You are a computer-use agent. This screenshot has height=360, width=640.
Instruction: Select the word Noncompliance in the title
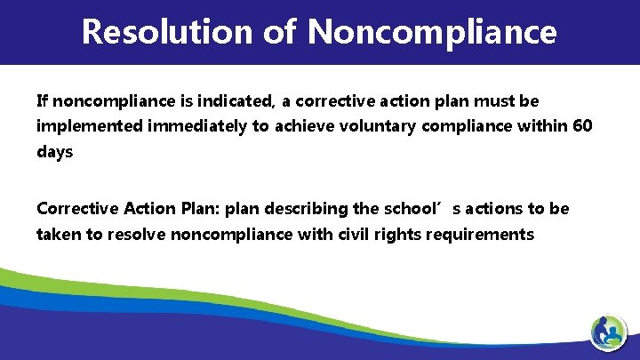(433, 32)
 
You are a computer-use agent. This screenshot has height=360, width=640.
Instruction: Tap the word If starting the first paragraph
(41, 100)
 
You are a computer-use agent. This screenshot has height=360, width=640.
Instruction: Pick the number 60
(582, 126)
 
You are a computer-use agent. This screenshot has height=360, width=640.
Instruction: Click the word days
(54, 152)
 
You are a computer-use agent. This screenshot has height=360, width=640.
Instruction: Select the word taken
(56, 235)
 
